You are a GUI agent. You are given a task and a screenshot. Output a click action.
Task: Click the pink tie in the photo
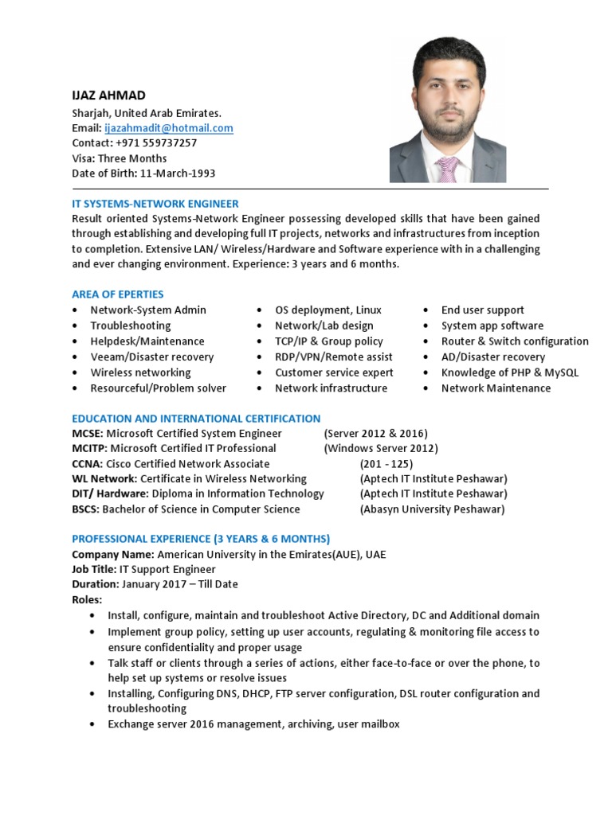click(x=447, y=169)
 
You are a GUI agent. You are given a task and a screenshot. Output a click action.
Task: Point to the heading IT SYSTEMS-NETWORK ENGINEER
click(x=155, y=204)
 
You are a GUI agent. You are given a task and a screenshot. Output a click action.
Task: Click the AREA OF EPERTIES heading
click(x=118, y=294)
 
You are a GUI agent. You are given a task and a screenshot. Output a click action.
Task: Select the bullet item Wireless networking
click(x=140, y=372)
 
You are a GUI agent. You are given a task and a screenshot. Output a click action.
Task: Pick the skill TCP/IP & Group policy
click(x=329, y=341)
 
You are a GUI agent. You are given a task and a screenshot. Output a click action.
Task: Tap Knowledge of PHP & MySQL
click(x=510, y=372)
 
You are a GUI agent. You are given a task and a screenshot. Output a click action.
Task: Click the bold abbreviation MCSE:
click(x=88, y=434)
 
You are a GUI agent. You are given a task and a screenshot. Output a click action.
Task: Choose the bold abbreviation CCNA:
click(x=87, y=464)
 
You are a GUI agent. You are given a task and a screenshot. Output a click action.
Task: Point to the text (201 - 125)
click(x=392, y=464)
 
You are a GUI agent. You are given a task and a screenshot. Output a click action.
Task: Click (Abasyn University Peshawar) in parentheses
click(x=432, y=509)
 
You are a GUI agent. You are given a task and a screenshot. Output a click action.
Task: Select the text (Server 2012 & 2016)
click(x=375, y=434)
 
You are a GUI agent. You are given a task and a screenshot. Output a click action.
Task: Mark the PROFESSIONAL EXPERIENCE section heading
click(x=201, y=539)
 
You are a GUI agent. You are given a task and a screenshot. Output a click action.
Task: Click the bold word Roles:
click(x=88, y=599)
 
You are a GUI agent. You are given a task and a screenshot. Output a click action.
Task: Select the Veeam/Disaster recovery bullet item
click(x=151, y=357)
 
